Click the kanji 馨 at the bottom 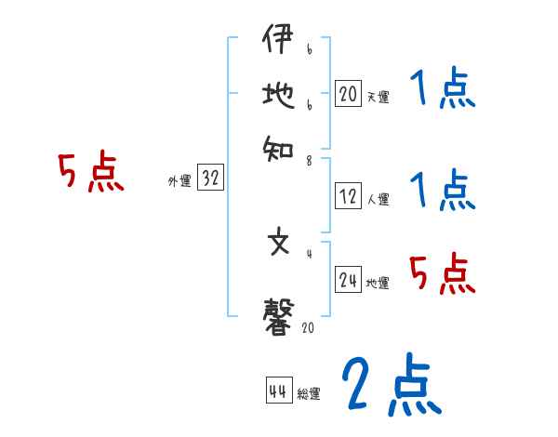click(x=279, y=316)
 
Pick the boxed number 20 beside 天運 click(x=348, y=93)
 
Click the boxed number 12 click(x=348, y=196)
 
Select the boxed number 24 click(x=348, y=280)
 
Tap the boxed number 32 click(x=210, y=179)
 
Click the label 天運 click(x=378, y=97)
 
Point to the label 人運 click(x=378, y=199)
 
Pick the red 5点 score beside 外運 click(x=91, y=174)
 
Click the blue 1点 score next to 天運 click(x=442, y=90)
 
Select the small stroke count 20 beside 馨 click(x=309, y=327)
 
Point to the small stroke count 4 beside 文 click(x=310, y=253)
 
